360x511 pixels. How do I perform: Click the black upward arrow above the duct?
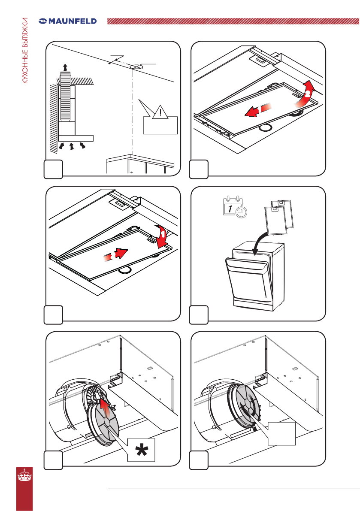pyautogui.click(x=65, y=67)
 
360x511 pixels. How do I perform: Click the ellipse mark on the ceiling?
pyautogui.click(x=136, y=67)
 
